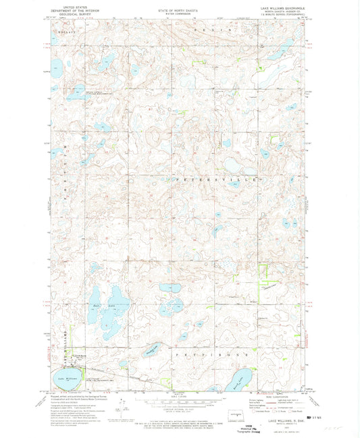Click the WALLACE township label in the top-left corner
pos(66,31)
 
